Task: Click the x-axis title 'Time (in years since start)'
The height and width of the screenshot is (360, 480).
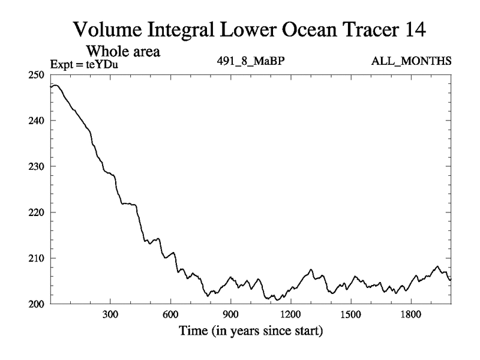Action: (x=250, y=331)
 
